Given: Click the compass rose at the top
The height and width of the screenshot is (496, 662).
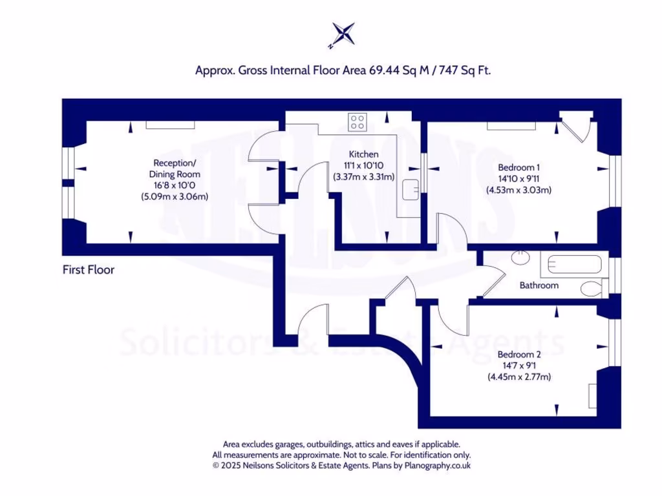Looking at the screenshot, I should (343, 34).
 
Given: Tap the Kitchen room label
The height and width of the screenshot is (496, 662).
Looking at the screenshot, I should (363, 154).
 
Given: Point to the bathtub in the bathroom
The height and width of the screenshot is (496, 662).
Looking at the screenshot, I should (575, 265).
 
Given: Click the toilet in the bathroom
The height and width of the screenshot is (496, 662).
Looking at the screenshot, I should (592, 288).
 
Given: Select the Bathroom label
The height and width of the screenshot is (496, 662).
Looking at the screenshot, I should (539, 285).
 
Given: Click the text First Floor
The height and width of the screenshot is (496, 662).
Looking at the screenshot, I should (89, 269).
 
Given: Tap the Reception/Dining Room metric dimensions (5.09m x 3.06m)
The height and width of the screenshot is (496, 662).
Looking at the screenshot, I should (175, 196).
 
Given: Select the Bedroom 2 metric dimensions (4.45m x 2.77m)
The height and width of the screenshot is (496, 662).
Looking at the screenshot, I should (519, 377).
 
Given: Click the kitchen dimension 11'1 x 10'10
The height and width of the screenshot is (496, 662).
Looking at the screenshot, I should (363, 165).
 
